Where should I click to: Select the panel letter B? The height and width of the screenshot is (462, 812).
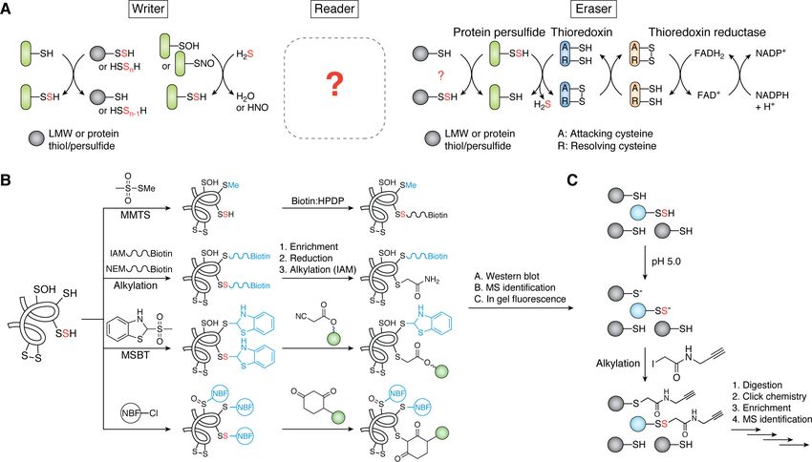pyautogui.click(x=7, y=178)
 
